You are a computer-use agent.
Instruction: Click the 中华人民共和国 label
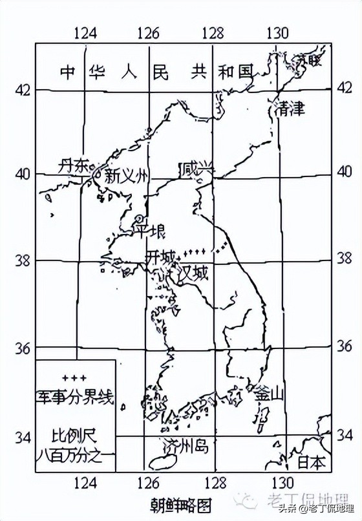155,72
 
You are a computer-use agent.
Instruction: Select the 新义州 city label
127,175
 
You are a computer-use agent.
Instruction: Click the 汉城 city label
193,272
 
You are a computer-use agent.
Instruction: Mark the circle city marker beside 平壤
140,218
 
